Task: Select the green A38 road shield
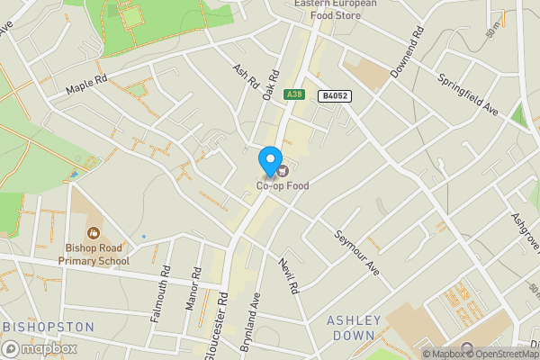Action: click(293, 94)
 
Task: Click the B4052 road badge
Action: click(335, 95)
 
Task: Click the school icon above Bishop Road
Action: click(93, 233)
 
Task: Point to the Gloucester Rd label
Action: click(218, 326)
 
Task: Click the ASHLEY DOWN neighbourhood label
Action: click(354, 327)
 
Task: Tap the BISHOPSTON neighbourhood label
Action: click(49, 326)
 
